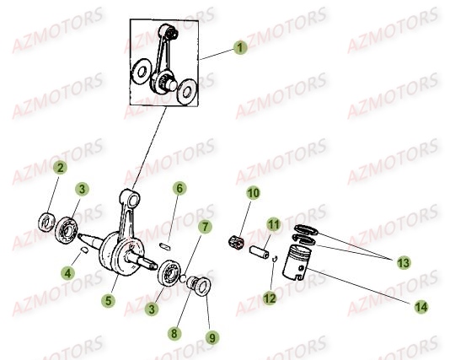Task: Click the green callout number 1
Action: [x=240, y=48]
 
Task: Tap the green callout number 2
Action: [x=61, y=168]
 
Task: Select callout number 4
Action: [x=67, y=272]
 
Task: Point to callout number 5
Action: [x=108, y=301]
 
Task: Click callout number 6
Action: [x=179, y=189]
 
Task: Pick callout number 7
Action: [x=205, y=227]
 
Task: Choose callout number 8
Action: [x=174, y=334]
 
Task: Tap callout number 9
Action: [x=212, y=337]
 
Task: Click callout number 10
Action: [x=254, y=193]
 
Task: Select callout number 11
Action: [x=274, y=224]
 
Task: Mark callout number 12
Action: [x=270, y=298]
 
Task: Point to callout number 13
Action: [x=404, y=263]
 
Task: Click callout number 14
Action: [x=421, y=307]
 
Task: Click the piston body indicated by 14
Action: [x=297, y=262]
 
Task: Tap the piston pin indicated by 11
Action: [x=260, y=252]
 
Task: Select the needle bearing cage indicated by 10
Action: [x=236, y=243]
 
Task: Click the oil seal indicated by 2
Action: [x=46, y=223]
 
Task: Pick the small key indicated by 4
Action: [x=83, y=250]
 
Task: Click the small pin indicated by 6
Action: [x=165, y=246]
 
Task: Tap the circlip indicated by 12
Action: [x=275, y=259]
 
